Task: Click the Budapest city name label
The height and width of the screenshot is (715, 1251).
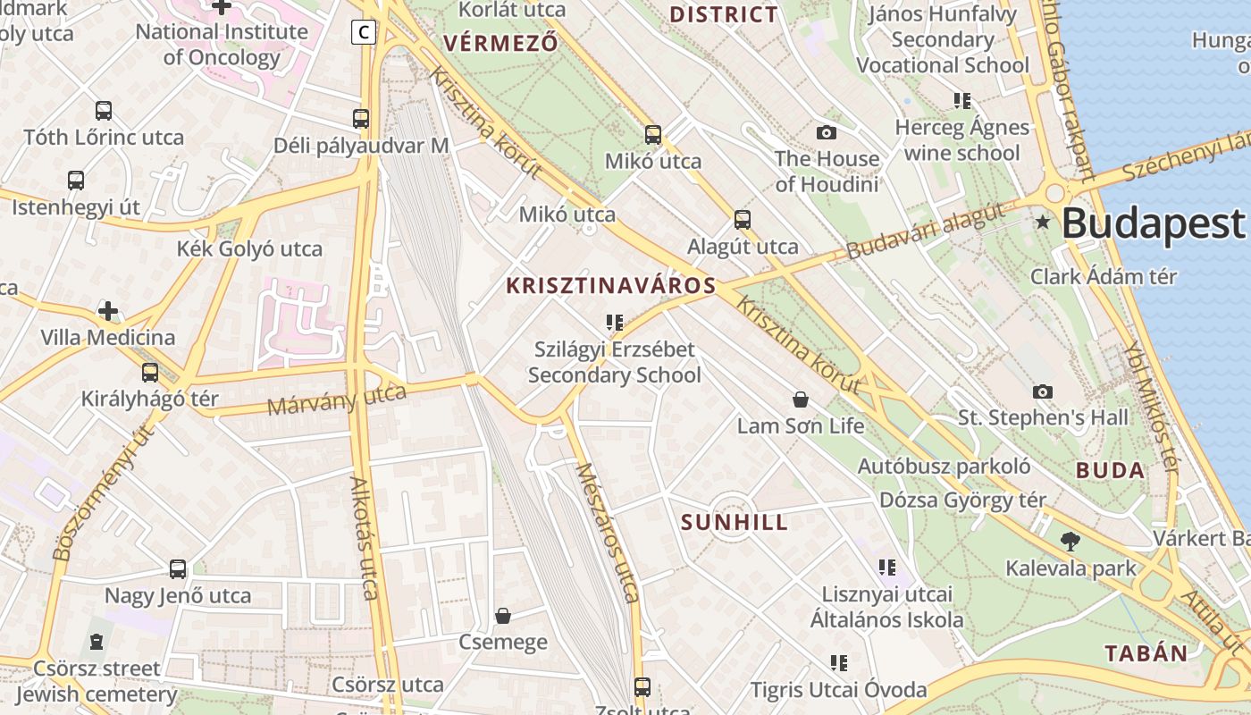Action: [1153, 223]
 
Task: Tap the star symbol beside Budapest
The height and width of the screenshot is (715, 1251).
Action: [1042, 222]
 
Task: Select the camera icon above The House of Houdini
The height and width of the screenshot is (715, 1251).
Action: [827, 133]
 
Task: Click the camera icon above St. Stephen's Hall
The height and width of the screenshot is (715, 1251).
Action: [1042, 391]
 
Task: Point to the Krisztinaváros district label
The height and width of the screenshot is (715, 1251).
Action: [611, 286]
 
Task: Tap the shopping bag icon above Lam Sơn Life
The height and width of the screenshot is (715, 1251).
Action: [801, 400]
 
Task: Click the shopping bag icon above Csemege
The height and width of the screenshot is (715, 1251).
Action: [503, 616]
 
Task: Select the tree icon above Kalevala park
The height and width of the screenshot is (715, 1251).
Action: [1070, 541]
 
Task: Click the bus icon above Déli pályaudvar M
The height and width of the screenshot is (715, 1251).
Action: [361, 119]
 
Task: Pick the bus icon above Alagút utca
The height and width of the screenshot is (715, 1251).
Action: [743, 220]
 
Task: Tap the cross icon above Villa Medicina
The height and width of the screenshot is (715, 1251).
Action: [108, 311]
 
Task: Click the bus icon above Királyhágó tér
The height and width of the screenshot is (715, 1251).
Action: [150, 373]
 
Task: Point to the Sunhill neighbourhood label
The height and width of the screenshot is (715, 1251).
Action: [735, 523]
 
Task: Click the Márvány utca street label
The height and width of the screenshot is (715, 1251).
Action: [337, 400]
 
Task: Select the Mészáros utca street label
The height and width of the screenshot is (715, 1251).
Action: [607, 533]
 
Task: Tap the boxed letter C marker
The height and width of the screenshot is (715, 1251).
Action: [363, 32]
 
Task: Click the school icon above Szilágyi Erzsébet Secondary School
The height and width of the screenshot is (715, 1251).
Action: [614, 322]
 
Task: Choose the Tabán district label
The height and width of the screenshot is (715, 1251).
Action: [1146, 653]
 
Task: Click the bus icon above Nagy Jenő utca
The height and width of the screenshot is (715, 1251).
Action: [178, 569]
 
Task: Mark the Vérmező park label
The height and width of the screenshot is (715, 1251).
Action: [500, 43]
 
